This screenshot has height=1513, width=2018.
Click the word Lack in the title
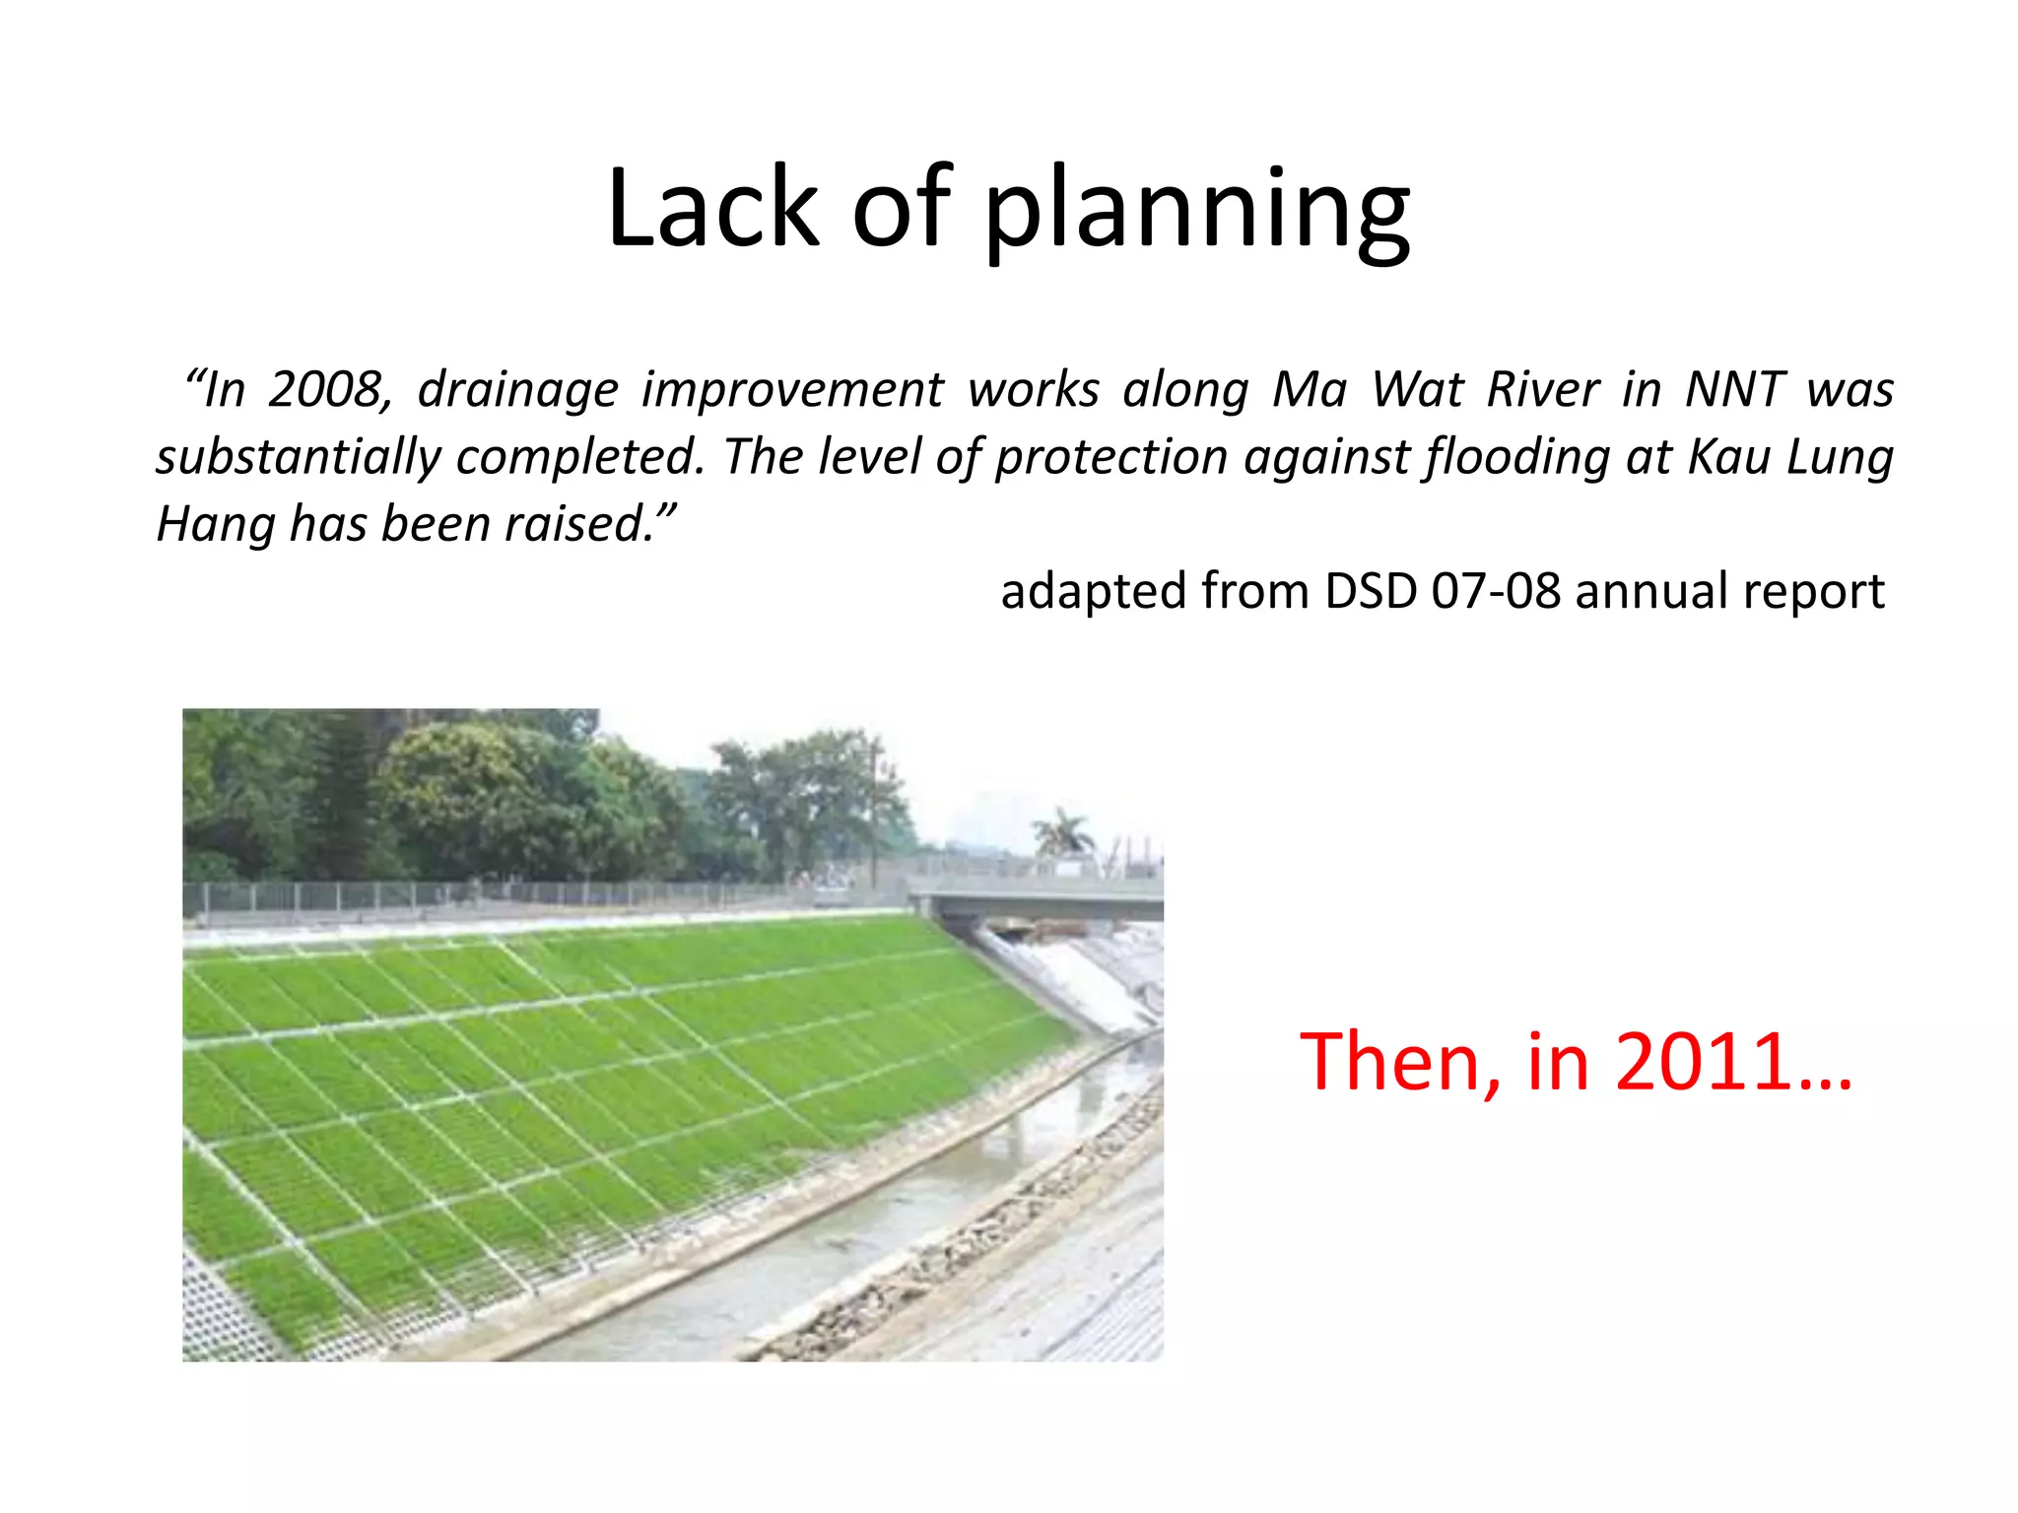coord(712,209)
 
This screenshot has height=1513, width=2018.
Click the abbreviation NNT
coord(1734,390)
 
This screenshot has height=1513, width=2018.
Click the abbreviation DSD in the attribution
coord(1370,592)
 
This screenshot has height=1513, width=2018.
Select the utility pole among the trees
coord(874,808)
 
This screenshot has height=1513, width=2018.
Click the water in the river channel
coord(887,1231)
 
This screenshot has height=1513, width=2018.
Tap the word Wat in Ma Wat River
coord(1416,390)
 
